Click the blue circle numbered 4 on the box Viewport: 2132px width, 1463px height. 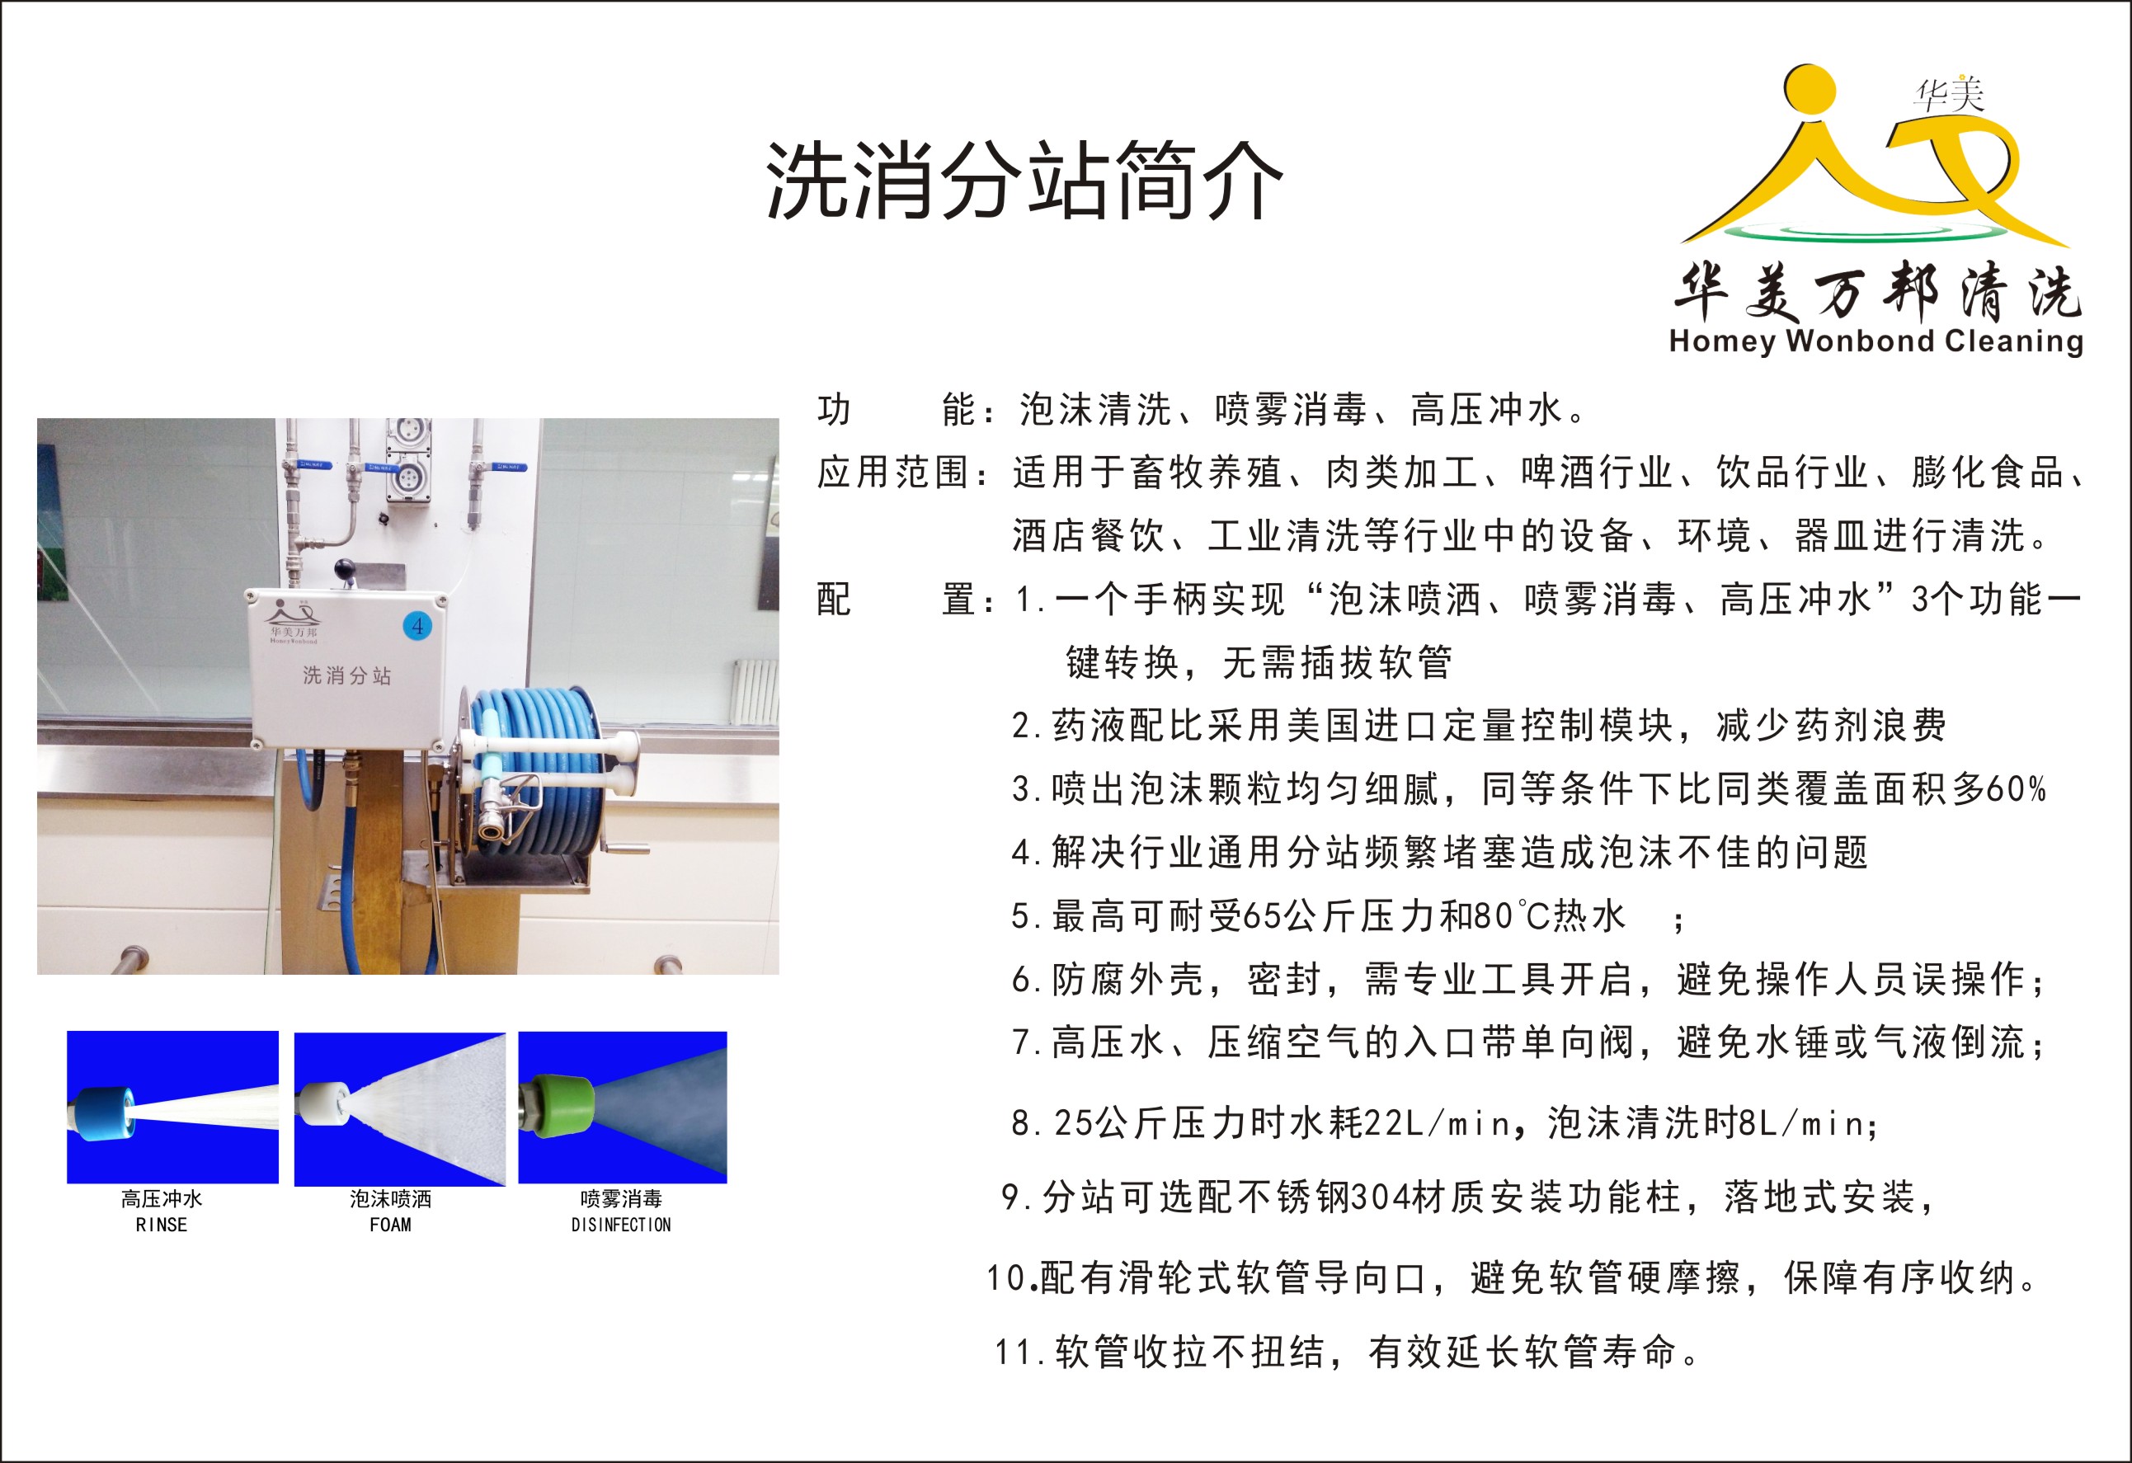417,626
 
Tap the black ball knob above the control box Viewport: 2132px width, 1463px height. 344,569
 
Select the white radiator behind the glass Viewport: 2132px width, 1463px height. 754,689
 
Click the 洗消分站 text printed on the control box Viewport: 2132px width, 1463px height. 346,676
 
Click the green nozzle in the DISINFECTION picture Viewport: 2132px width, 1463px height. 562,1106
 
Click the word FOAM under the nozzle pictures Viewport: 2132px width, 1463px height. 390,1225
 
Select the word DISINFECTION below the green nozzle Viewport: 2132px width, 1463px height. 621,1225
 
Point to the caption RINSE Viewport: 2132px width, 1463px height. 162,1225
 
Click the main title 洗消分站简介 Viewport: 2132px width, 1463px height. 1024,181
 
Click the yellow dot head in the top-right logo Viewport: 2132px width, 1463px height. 1810,90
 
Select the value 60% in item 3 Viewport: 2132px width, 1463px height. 2016,789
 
